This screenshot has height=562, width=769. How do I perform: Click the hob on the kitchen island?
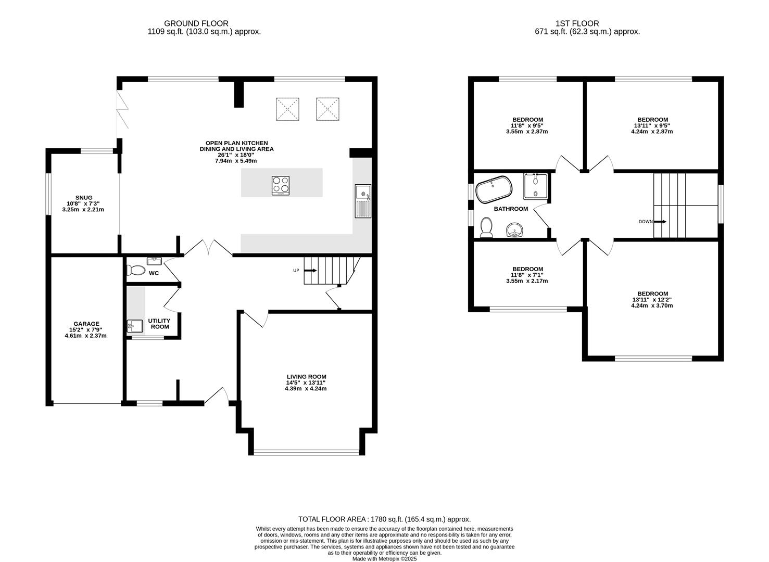tap(281, 186)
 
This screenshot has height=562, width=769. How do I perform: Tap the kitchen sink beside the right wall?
tap(363, 201)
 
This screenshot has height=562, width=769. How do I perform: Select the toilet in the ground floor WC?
tap(136, 270)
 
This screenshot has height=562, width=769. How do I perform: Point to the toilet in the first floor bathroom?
tap(487, 227)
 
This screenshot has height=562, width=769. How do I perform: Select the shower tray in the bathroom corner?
tap(536, 186)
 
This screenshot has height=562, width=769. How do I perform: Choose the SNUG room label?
tap(83, 198)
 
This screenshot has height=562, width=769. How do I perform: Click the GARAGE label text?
tap(86, 324)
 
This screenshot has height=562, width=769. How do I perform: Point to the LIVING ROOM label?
tap(306, 377)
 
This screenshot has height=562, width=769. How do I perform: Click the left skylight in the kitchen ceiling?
tap(287, 109)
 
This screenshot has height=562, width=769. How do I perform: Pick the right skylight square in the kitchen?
tap(328, 109)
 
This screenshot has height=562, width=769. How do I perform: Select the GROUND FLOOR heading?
tap(196, 23)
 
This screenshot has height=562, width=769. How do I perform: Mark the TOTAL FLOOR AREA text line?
tap(384, 519)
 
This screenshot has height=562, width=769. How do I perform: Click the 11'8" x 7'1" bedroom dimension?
tap(527, 275)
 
